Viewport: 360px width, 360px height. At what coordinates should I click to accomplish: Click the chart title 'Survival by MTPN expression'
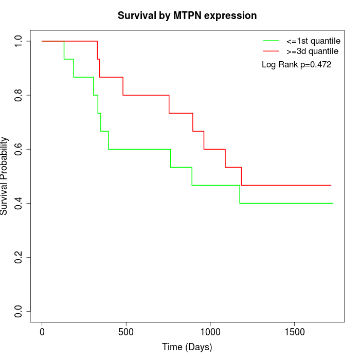click(187, 15)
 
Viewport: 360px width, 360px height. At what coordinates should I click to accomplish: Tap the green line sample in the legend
click(271, 41)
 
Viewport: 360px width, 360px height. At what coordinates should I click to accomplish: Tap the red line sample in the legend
click(271, 51)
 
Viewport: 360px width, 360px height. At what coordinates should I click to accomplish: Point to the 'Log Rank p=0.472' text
click(296, 65)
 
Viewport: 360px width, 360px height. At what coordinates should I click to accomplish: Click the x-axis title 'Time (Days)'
click(187, 347)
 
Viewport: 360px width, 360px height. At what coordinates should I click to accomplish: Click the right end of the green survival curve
click(333, 203)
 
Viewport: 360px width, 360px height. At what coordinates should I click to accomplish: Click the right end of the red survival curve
click(331, 185)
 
